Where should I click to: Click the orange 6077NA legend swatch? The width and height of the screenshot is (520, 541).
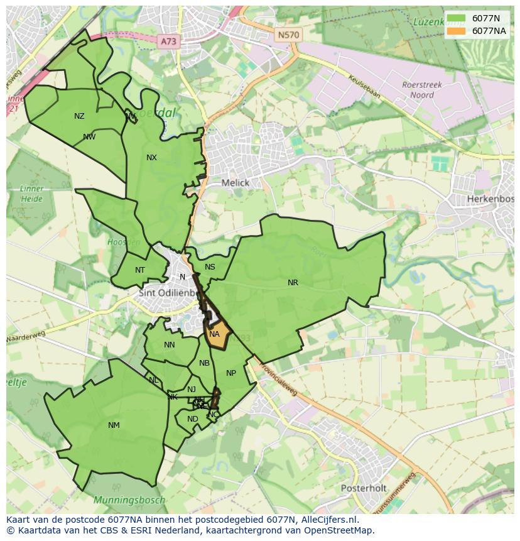pyautogui.click(x=457, y=31)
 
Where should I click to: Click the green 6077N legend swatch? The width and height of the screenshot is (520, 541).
pyautogui.click(x=457, y=18)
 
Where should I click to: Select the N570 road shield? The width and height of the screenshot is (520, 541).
pyautogui.click(x=288, y=35)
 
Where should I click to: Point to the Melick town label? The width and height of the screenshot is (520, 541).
pyautogui.click(x=236, y=183)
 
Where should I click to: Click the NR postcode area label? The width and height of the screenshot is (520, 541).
pyautogui.click(x=293, y=283)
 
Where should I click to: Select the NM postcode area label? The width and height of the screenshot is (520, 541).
pyautogui.click(x=114, y=425)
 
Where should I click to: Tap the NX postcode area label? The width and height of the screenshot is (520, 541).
pyautogui.click(x=151, y=158)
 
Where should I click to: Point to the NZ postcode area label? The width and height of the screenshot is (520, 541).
pyautogui.click(x=79, y=116)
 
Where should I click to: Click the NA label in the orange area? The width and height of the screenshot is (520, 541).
pyautogui.click(x=214, y=334)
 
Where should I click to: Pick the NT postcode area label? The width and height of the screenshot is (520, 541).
pyautogui.click(x=140, y=270)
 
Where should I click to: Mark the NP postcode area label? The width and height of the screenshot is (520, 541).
pyautogui.click(x=231, y=373)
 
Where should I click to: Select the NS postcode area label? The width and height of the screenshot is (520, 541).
pyautogui.click(x=210, y=267)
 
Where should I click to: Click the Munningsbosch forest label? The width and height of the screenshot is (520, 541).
pyautogui.click(x=129, y=500)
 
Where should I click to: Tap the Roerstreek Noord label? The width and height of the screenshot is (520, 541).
pyautogui.click(x=422, y=90)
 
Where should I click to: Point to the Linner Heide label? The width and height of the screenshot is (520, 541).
pyautogui.click(x=31, y=194)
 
